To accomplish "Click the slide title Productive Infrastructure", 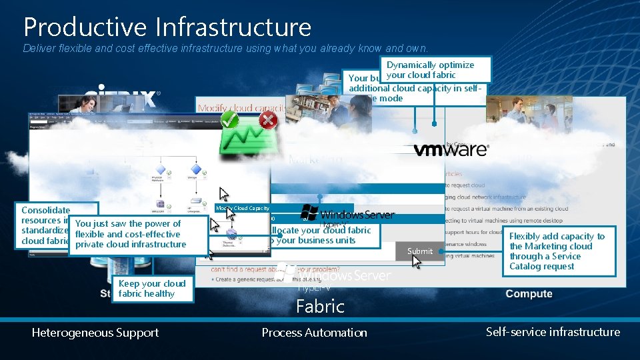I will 167,27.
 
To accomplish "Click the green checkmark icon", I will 230,120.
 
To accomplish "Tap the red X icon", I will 268,120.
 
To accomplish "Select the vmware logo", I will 450,149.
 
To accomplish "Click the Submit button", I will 420,251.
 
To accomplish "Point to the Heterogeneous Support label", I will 95,333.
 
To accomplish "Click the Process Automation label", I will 314,333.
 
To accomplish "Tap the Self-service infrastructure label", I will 553,332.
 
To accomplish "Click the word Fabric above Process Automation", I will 320,307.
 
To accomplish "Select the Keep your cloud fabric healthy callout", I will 152,289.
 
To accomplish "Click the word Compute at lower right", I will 529,294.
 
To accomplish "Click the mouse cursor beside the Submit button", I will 417,261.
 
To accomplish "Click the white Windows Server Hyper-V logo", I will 333,275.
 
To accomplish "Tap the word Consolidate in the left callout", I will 46,210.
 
